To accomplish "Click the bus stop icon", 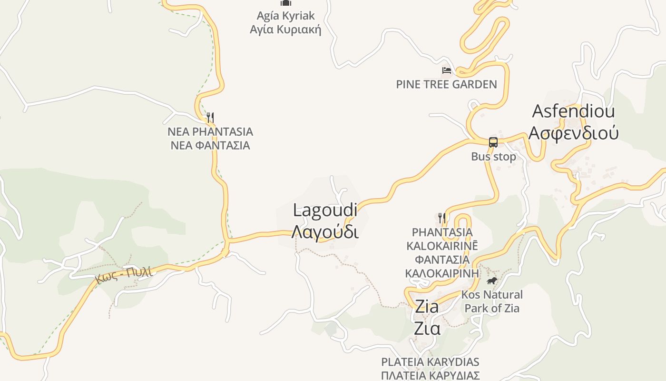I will coord(493,142).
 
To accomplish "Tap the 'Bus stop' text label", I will coord(493,157).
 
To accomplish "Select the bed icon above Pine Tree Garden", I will coord(446,70).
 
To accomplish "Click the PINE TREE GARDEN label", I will coord(446,84).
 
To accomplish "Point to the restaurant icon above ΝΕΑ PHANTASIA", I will coord(210,117).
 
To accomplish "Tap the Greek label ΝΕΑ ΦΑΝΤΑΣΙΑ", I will coord(210,145).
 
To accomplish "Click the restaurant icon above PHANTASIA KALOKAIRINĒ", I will coord(442,218).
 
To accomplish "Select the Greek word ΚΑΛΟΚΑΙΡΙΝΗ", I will coord(442,273).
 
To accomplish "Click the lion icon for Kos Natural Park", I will coord(492,281).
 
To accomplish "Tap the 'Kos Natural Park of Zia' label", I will coord(492,301).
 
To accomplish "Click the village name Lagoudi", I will coord(325,210).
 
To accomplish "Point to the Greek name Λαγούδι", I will coord(325,232).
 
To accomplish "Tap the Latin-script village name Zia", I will coord(427,306).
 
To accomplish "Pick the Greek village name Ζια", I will coord(427,328).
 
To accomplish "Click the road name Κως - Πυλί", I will coord(124,275).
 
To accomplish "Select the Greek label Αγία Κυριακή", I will coord(285,30).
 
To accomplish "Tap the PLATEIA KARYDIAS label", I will coord(430,362).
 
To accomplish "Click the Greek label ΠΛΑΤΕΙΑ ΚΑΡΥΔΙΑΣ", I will coord(430,375).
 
